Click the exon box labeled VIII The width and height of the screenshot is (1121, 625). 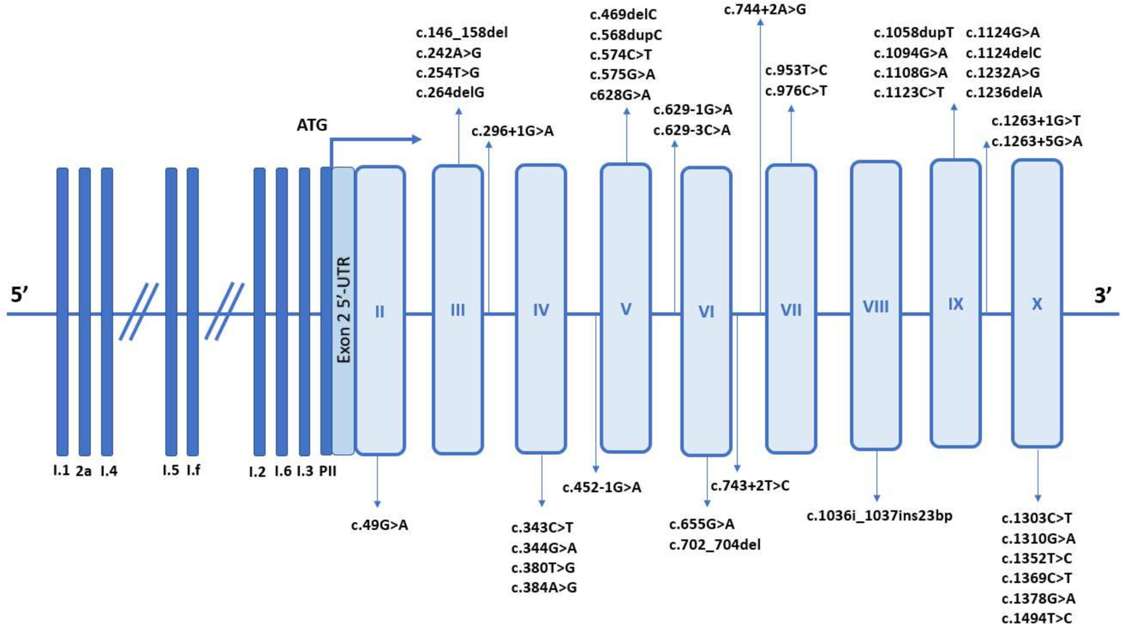876,306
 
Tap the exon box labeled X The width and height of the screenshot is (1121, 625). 1037,303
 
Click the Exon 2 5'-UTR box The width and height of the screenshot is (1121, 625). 343,311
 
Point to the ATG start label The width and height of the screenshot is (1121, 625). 312,125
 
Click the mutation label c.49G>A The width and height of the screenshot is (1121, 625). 380,525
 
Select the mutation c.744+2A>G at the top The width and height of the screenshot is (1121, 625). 765,9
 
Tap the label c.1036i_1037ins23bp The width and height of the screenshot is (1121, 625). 879,516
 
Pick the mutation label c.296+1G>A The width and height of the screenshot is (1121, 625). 513,131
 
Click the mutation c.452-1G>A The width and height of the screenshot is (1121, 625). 602,488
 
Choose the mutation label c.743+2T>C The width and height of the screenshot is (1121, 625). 750,486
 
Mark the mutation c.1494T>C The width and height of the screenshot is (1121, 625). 1037,618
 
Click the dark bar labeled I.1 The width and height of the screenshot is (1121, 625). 62,312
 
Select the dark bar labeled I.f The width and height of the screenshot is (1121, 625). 193,312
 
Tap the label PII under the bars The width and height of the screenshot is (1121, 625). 328,471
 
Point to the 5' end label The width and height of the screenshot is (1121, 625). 19,295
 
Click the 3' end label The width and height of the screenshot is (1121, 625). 1102,296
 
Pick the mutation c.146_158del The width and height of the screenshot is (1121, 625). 462,33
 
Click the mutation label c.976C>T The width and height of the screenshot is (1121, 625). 796,91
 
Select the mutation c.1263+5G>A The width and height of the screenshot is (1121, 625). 1037,142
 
